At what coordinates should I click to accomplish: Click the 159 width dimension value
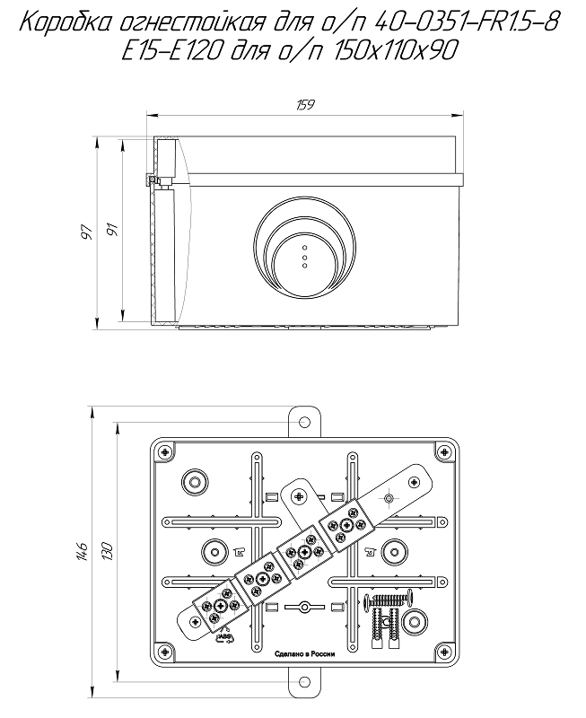pos(304,106)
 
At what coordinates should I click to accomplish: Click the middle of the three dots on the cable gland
pos(304,256)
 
